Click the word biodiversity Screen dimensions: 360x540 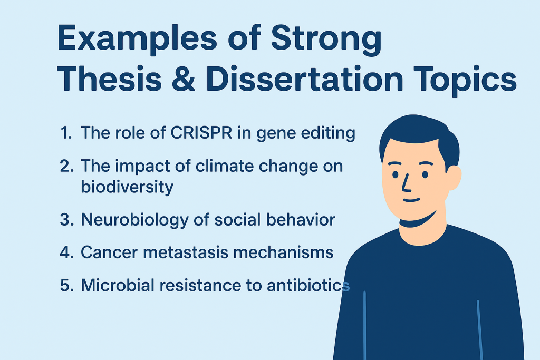tap(127, 187)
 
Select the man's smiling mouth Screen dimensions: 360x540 tap(412, 201)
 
